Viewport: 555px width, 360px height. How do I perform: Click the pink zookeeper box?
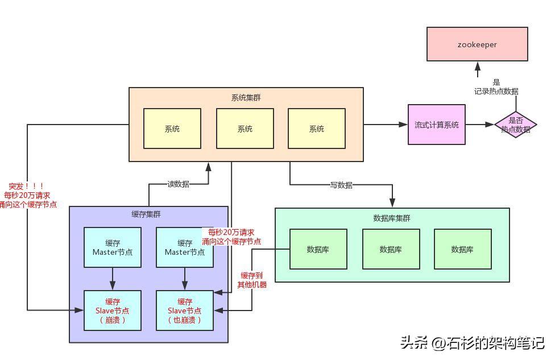(477, 44)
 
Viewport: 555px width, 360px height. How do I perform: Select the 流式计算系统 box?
(436, 125)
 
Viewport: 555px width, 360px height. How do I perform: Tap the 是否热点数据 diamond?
(515, 125)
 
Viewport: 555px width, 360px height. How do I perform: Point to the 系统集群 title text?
(246, 97)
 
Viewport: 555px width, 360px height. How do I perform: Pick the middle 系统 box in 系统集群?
(245, 129)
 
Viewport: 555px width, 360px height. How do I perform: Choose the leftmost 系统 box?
(172, 129)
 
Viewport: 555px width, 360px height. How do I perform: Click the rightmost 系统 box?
(316, 129)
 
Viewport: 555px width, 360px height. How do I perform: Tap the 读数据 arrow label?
(178, 184)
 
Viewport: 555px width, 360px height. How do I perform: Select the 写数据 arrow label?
(341, 185)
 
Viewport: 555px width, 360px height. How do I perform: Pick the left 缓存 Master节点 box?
(113, 247)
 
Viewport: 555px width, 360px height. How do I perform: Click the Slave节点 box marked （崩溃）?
(113, 311)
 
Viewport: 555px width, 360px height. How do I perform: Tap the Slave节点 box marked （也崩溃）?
(185, 311)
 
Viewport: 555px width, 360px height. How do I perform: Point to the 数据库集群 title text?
(391, 218)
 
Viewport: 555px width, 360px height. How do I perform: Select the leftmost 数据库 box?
(318, 249)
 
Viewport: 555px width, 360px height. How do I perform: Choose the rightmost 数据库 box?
(462, 249)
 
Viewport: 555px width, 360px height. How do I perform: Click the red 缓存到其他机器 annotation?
(252, 280)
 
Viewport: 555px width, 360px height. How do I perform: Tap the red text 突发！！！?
(26, 186)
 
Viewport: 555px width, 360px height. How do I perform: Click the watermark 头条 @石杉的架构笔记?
(472, 343)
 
